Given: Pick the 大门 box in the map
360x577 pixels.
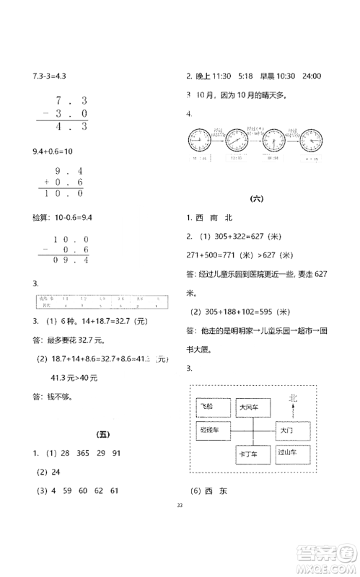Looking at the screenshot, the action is (292, 431).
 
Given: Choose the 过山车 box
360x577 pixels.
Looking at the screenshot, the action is (292, 455).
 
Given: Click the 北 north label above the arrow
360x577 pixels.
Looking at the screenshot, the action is (291, 397).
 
